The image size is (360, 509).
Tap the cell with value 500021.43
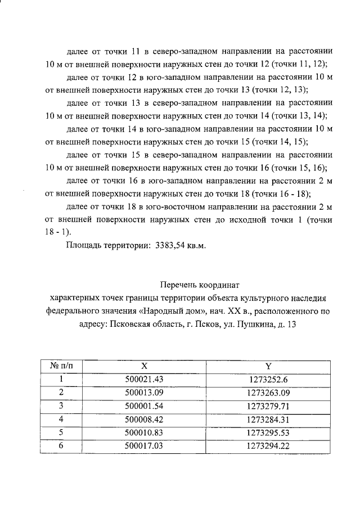coord(143,379)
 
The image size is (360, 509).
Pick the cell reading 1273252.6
coord(268,379)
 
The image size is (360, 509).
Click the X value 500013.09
coord(143,393)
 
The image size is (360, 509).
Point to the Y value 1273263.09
coord(268,393)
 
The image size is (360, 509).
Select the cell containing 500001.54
coord(143,406)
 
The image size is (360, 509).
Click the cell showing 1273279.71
coord(268,406)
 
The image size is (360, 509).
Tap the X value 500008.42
coord(143,420)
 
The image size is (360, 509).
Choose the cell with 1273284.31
coord(268,420)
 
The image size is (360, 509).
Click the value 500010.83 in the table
coord(143,433)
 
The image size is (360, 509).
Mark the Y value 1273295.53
coord(268,433)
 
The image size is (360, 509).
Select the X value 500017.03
coord(143,447)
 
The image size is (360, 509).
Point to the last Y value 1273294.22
coord(268,447)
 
